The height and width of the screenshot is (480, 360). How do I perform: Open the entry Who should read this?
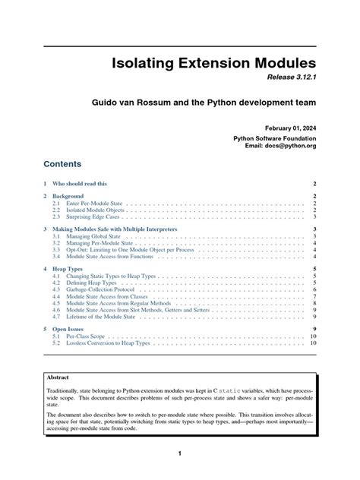point(79,184)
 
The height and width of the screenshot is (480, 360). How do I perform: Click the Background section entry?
point(68,196)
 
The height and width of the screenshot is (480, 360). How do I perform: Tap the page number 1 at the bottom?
point(180,454)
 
